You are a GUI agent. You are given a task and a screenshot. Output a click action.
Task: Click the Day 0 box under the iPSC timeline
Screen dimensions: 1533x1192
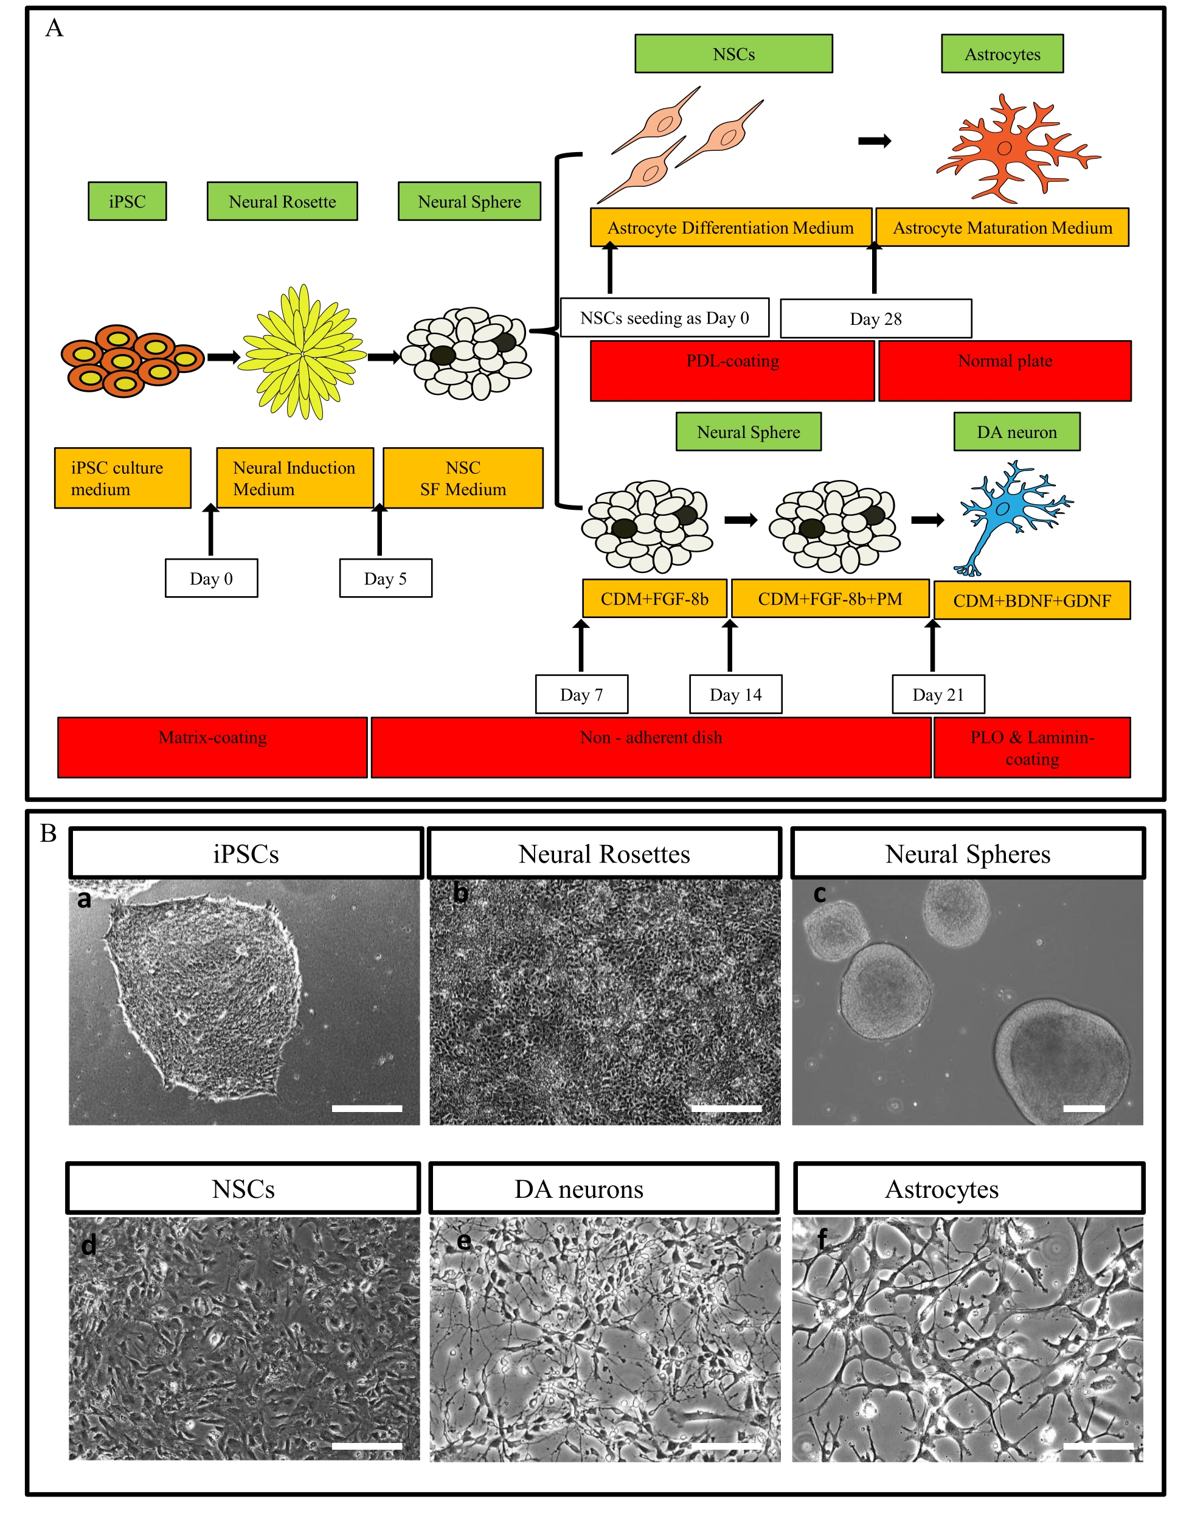pyautogui.click(x=211, y=579)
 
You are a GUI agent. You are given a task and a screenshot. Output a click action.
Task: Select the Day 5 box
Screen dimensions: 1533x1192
pyautogui.click(x=385, y=579)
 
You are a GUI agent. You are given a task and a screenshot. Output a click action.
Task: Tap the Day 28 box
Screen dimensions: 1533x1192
pyautogui.click(x=876, y=319)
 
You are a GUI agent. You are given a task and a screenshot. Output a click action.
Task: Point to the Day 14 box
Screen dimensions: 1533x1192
pyautogui.click(x=735, y=694)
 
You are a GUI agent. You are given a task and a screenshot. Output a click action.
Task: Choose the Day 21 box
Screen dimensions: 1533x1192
pyautogui.click(x=938, y=694)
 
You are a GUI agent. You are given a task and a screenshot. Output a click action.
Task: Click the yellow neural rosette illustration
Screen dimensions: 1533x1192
pyautogui.click(x=304, y=352)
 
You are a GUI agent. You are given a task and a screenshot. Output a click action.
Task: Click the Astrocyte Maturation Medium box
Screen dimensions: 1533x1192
pyautogui.click(x=1003, y=228)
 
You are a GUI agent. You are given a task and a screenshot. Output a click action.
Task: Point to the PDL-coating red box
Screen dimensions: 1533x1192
pyautogui.click(x=732, y=370)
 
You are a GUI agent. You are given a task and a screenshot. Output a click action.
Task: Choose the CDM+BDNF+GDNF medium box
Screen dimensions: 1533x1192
pyautogui.click(x=1031, y=600)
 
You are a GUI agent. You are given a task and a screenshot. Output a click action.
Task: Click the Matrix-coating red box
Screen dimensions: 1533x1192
pyautogui.click(x=213, y=747)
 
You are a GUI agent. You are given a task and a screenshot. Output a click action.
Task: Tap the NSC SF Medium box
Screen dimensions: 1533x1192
pyautogui.click(x=463, y=478)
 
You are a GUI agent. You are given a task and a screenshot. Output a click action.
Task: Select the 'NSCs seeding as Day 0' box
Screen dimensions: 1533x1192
pyautogui.click(x=664, y=318)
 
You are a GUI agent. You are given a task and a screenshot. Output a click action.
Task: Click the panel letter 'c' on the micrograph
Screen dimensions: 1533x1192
pyautogui.click(x=819, y=894)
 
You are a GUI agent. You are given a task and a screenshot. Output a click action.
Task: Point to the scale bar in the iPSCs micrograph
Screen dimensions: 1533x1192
pyautogui.click(x=366, y=1108)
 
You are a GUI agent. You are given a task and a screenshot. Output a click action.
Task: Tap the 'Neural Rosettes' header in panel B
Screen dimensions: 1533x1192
pyautogui.click(x=604, y=853)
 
